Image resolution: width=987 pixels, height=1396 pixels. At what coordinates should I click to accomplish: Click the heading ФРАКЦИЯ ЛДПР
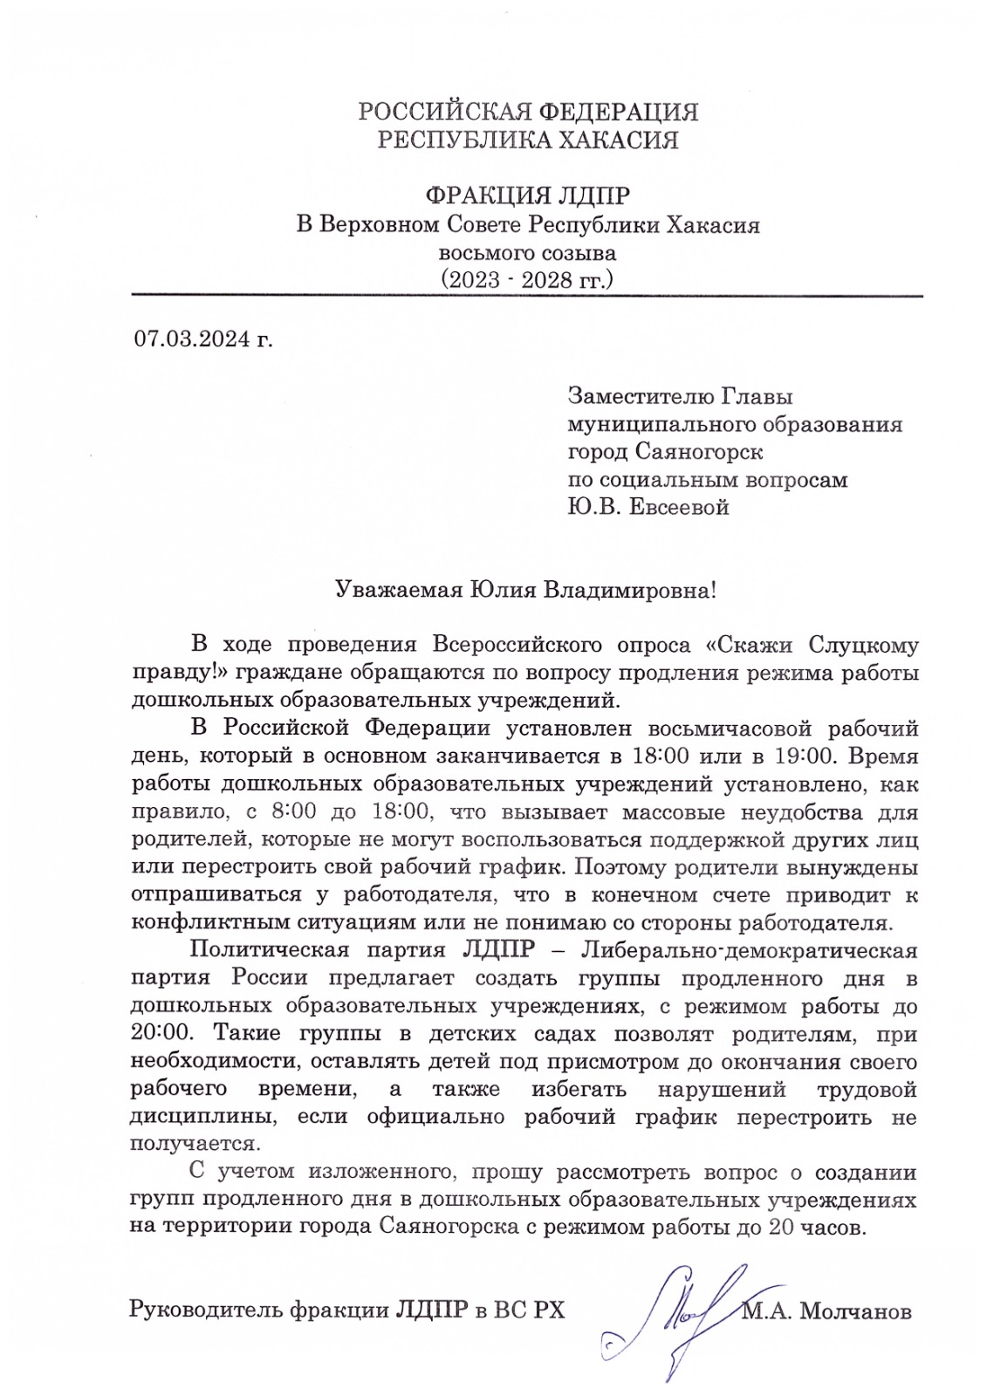tap(528, 196)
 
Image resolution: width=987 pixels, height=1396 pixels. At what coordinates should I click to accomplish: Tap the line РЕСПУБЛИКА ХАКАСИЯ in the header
tap(528, 140)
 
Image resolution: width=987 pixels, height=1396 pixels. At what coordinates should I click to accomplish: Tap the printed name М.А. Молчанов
tap(826, 1310)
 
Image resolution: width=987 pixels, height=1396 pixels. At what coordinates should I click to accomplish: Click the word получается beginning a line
tap(194, 1143)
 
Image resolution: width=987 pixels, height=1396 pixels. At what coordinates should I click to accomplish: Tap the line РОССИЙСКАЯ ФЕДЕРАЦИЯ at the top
tap(528, 112)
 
